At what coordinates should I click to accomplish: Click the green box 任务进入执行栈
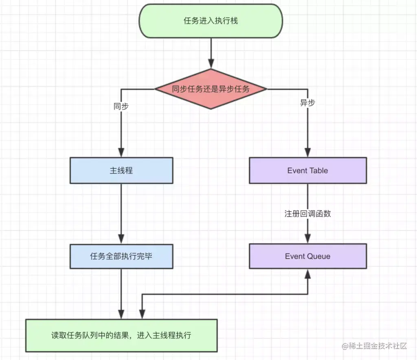pos(211,21)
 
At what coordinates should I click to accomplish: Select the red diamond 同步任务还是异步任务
pos(211,89)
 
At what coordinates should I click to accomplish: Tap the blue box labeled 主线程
pos(121,171)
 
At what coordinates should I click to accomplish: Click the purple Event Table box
pos(307,171)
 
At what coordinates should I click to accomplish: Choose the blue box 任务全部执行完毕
pos(121,256)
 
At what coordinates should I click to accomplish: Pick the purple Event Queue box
pos(307,256)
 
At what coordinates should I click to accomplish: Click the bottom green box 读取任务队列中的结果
pos(121,336)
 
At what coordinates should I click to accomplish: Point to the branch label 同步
pos(121,106)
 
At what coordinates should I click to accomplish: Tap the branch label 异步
pos(307,103)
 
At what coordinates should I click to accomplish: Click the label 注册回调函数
pos(307,213)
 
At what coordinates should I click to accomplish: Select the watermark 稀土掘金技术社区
pos(374,346)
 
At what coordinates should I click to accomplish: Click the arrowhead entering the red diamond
pos(211,63)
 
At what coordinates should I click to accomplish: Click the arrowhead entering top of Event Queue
pos(307,239)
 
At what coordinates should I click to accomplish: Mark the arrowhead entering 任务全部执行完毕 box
pos(121,239)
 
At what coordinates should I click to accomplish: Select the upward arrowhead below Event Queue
pos(307,274)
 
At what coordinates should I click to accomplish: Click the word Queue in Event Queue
pos(318,256)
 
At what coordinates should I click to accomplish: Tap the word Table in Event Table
pos(318,171)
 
